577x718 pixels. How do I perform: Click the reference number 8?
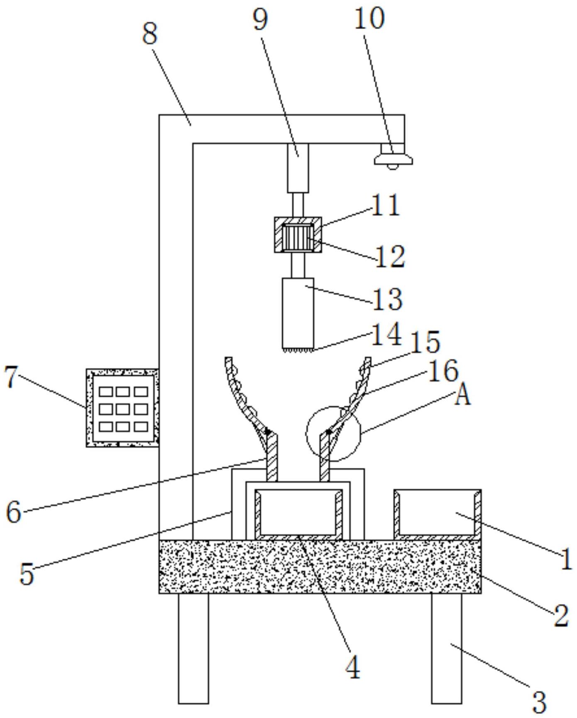click(x=150, y=34)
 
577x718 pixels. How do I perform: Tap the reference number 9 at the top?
click(x=261, y=19)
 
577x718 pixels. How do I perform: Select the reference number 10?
click(x=369, y=19)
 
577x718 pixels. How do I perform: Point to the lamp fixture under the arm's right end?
click(x=393, y=156)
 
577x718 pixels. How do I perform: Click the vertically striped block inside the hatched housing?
click(x=297, y=237)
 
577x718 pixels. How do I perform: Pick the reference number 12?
click(x=390, y=257)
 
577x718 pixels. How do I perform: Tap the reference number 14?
click(x=386, y=334)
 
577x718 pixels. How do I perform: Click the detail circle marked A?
click(x=333, y=433)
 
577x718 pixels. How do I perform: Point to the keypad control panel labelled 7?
click(x=122, y=408)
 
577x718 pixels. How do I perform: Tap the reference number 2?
click(x=561, y=615)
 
